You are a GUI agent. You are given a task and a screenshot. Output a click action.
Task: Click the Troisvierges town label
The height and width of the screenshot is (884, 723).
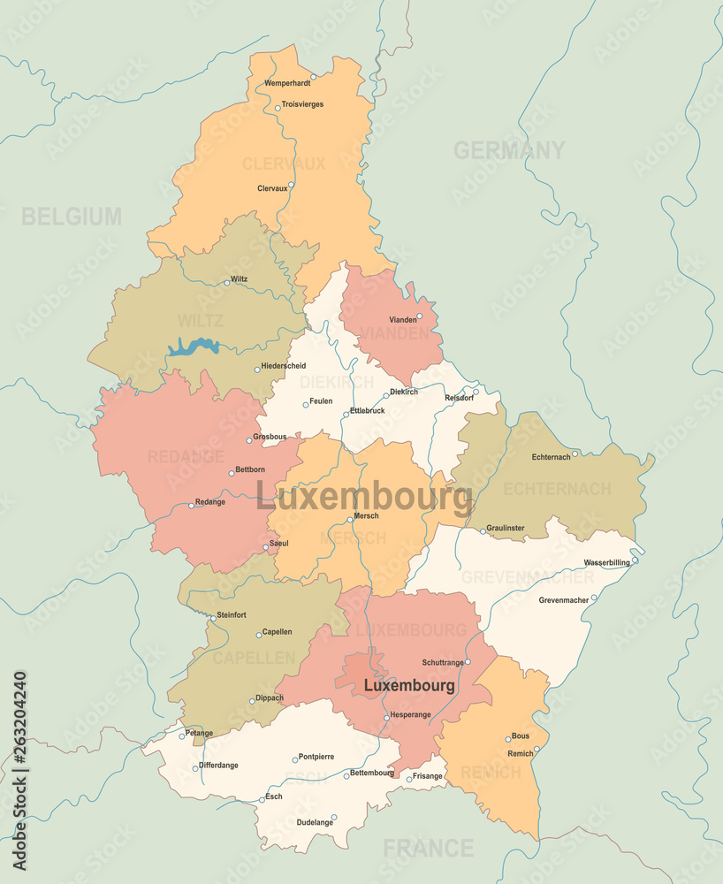click(302, 104)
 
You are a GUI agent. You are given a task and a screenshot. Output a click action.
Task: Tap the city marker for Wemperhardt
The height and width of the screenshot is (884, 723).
click(313, 77)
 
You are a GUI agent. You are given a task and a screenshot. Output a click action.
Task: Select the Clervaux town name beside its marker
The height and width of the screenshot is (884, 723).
click(271, 188)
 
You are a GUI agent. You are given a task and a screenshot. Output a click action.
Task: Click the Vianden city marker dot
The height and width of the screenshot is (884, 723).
click(419, 316)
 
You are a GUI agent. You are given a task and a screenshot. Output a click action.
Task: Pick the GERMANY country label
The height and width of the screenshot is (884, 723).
click(509, 150)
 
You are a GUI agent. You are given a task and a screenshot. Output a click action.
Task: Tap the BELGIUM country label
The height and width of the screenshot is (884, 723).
click(72, 216)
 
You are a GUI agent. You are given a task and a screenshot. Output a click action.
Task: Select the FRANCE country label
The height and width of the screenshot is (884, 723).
click(428, 849)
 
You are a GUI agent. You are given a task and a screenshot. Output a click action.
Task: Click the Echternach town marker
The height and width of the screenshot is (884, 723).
click(575, 454)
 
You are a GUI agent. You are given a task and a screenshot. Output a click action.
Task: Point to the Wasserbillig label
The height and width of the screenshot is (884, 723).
click(606, 562)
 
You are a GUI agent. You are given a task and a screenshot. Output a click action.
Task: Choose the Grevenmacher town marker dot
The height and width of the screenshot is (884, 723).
click(594, 598)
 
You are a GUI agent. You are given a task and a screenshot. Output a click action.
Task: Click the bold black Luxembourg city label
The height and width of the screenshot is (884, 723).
click(409, 685)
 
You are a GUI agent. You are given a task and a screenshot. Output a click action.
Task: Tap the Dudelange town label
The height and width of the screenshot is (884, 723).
click(315, 822)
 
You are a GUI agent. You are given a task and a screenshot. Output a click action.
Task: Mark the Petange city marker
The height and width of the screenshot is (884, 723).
click(182, 735)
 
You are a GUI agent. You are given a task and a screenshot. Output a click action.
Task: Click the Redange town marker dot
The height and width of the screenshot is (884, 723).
click(191, 506)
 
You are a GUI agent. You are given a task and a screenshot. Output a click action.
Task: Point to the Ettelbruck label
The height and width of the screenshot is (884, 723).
click(367, 410)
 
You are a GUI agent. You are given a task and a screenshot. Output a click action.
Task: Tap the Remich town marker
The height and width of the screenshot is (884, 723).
click(537, 749)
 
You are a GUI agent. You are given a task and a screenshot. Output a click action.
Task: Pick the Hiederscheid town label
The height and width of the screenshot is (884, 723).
click(283, 365)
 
